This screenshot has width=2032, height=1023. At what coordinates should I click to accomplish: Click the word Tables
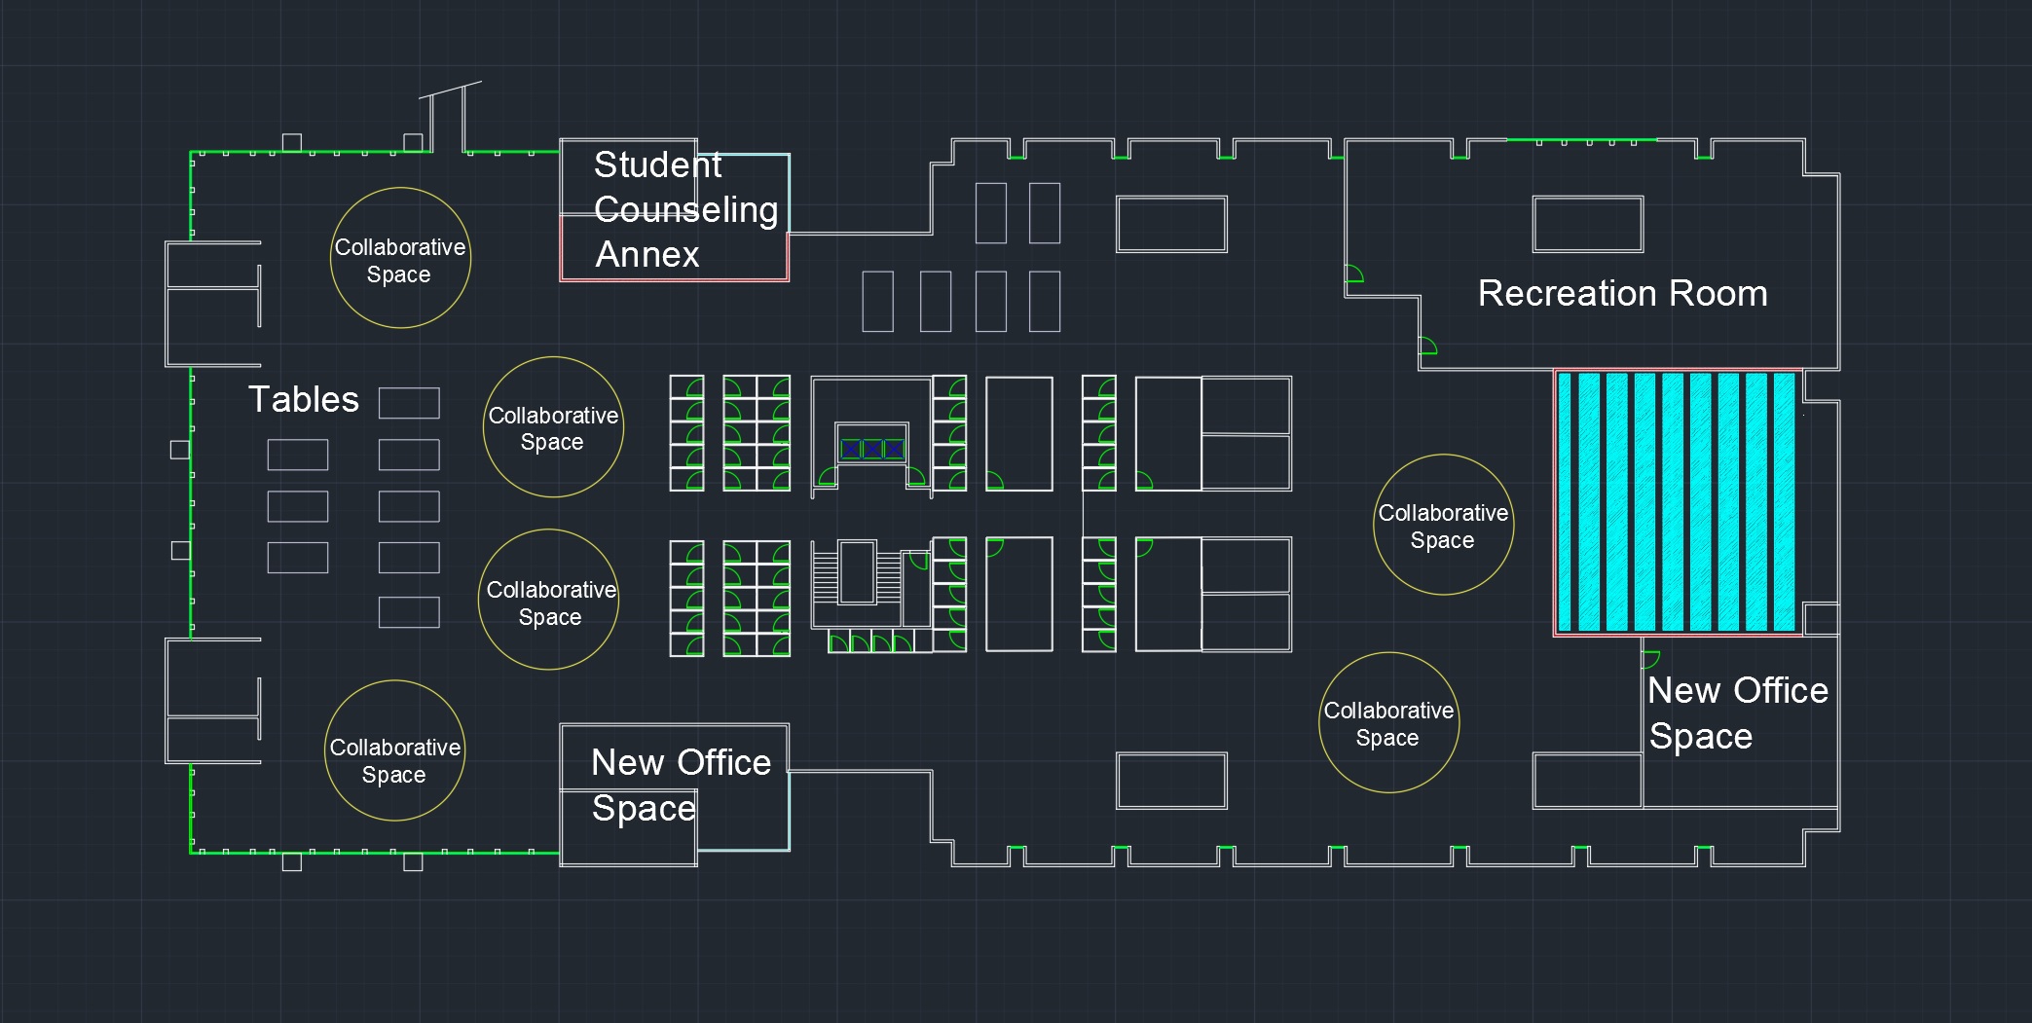304,400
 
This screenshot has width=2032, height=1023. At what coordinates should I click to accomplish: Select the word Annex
647,255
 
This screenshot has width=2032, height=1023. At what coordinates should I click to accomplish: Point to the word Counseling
685,210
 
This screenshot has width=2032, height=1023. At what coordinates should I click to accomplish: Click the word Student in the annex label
657,165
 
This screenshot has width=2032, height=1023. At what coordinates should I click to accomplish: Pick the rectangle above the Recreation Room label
1587,224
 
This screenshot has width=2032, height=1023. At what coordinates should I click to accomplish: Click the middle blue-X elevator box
872,449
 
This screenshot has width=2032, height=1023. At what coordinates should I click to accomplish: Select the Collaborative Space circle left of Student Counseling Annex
400,258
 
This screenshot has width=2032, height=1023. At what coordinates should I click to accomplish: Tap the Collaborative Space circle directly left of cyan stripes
1443,525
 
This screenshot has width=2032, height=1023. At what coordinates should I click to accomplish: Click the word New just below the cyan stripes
1683,691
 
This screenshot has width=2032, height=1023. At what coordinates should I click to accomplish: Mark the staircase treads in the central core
826,575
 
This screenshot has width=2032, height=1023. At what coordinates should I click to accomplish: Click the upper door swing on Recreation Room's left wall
1353,274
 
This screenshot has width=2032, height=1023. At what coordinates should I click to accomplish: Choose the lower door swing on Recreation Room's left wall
1427,346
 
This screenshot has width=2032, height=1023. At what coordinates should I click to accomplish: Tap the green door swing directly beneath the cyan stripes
1650,659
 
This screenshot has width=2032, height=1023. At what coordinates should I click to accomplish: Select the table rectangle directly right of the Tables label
409,403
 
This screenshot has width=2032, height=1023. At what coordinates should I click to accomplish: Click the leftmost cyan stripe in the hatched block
1565,502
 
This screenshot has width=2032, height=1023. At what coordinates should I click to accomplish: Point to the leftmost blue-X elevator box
851,449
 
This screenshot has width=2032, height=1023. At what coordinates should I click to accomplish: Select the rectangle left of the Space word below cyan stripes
1587,781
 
